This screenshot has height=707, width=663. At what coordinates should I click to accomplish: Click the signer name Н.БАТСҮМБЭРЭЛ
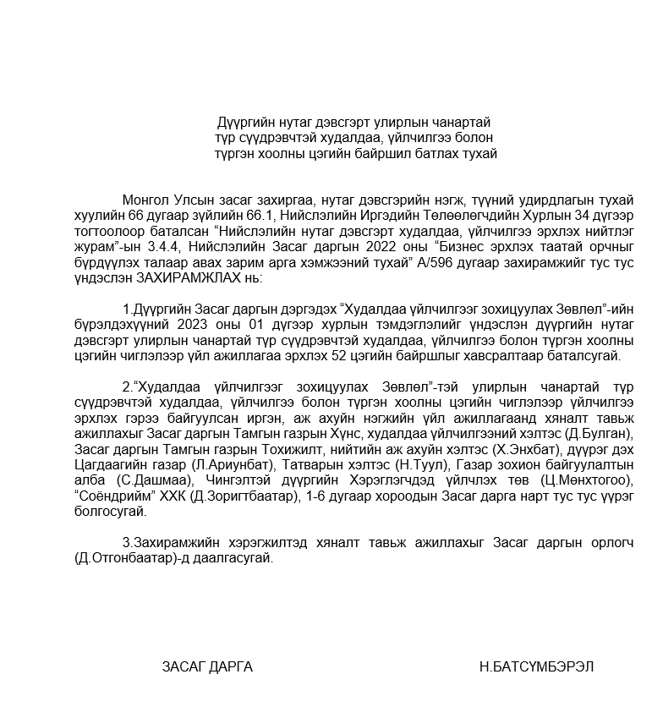point(535,666)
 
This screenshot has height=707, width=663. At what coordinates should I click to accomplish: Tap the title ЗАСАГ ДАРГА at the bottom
point(207,666)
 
